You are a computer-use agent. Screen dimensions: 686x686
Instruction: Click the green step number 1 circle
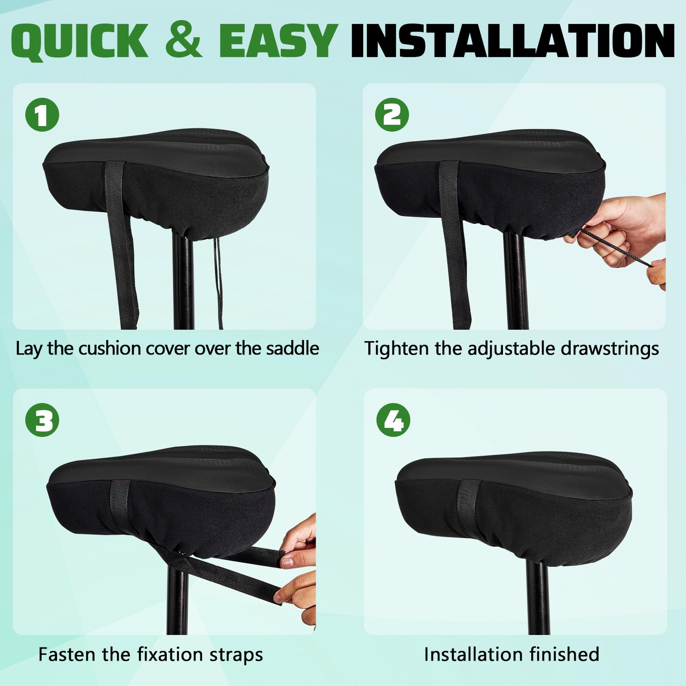[42, 115]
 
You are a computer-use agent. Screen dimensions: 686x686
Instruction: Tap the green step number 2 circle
[392, 115]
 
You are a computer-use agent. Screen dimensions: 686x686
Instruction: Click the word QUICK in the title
[79, 41]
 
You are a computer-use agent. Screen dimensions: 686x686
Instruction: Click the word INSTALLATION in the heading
[512, 41]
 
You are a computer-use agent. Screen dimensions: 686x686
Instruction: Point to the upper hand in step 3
[298, 536]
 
